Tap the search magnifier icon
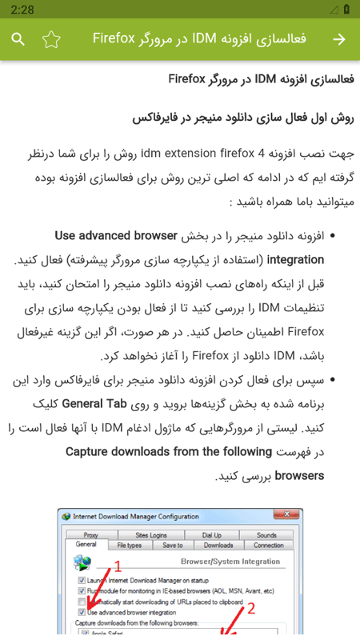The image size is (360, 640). pos(18,39)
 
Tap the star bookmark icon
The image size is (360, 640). pos(51,39)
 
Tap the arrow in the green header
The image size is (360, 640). pos(339,39)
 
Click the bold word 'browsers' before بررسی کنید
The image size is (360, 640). pos(299,476)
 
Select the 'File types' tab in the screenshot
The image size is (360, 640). pos(129,546)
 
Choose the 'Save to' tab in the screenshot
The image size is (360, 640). pos(173,546)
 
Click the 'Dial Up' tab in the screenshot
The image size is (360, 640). pos(212,535)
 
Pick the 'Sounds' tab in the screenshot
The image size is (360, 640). pos(266,535)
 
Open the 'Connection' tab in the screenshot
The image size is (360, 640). pos(268,546)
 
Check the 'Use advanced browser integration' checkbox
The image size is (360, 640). pos(82,612)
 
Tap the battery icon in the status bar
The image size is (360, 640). pos(346,10)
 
